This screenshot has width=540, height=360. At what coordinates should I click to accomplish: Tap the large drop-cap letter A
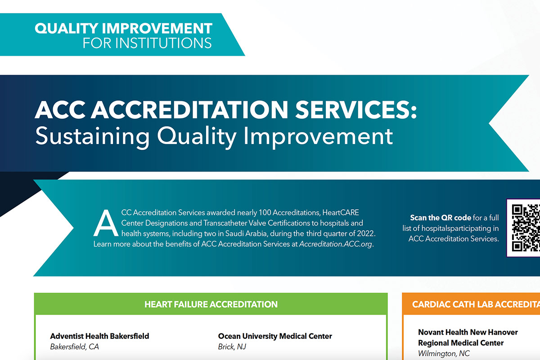tap(106, 223)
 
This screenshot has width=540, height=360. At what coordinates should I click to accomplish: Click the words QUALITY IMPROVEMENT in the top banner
tap(123, 28)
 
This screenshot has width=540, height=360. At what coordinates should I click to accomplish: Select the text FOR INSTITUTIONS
tap(147, 43)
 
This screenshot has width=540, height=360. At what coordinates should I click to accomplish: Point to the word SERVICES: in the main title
tap(356, 110)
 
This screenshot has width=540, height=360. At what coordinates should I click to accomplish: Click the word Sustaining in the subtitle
tap(92, 136)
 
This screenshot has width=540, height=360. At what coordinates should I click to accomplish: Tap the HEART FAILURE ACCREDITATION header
tap(211, 304)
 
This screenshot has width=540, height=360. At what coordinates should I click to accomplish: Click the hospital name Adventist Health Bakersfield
tap(99, 336)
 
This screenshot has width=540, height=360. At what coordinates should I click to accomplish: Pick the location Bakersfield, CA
tap(75, 346)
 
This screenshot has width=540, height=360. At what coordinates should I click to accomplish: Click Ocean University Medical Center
tap(275, 336)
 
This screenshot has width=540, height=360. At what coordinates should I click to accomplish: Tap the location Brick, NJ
tap(232, 346)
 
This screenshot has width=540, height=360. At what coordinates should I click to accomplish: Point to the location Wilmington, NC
tap(444, 353)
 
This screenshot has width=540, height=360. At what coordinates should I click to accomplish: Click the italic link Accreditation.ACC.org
tap(336, 244)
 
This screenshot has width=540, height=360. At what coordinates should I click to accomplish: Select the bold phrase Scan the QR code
tap(441, 218)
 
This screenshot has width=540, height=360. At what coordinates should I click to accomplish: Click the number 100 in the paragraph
tap(265, 212)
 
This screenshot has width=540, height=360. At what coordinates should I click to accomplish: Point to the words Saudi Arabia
tap(247, 234)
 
